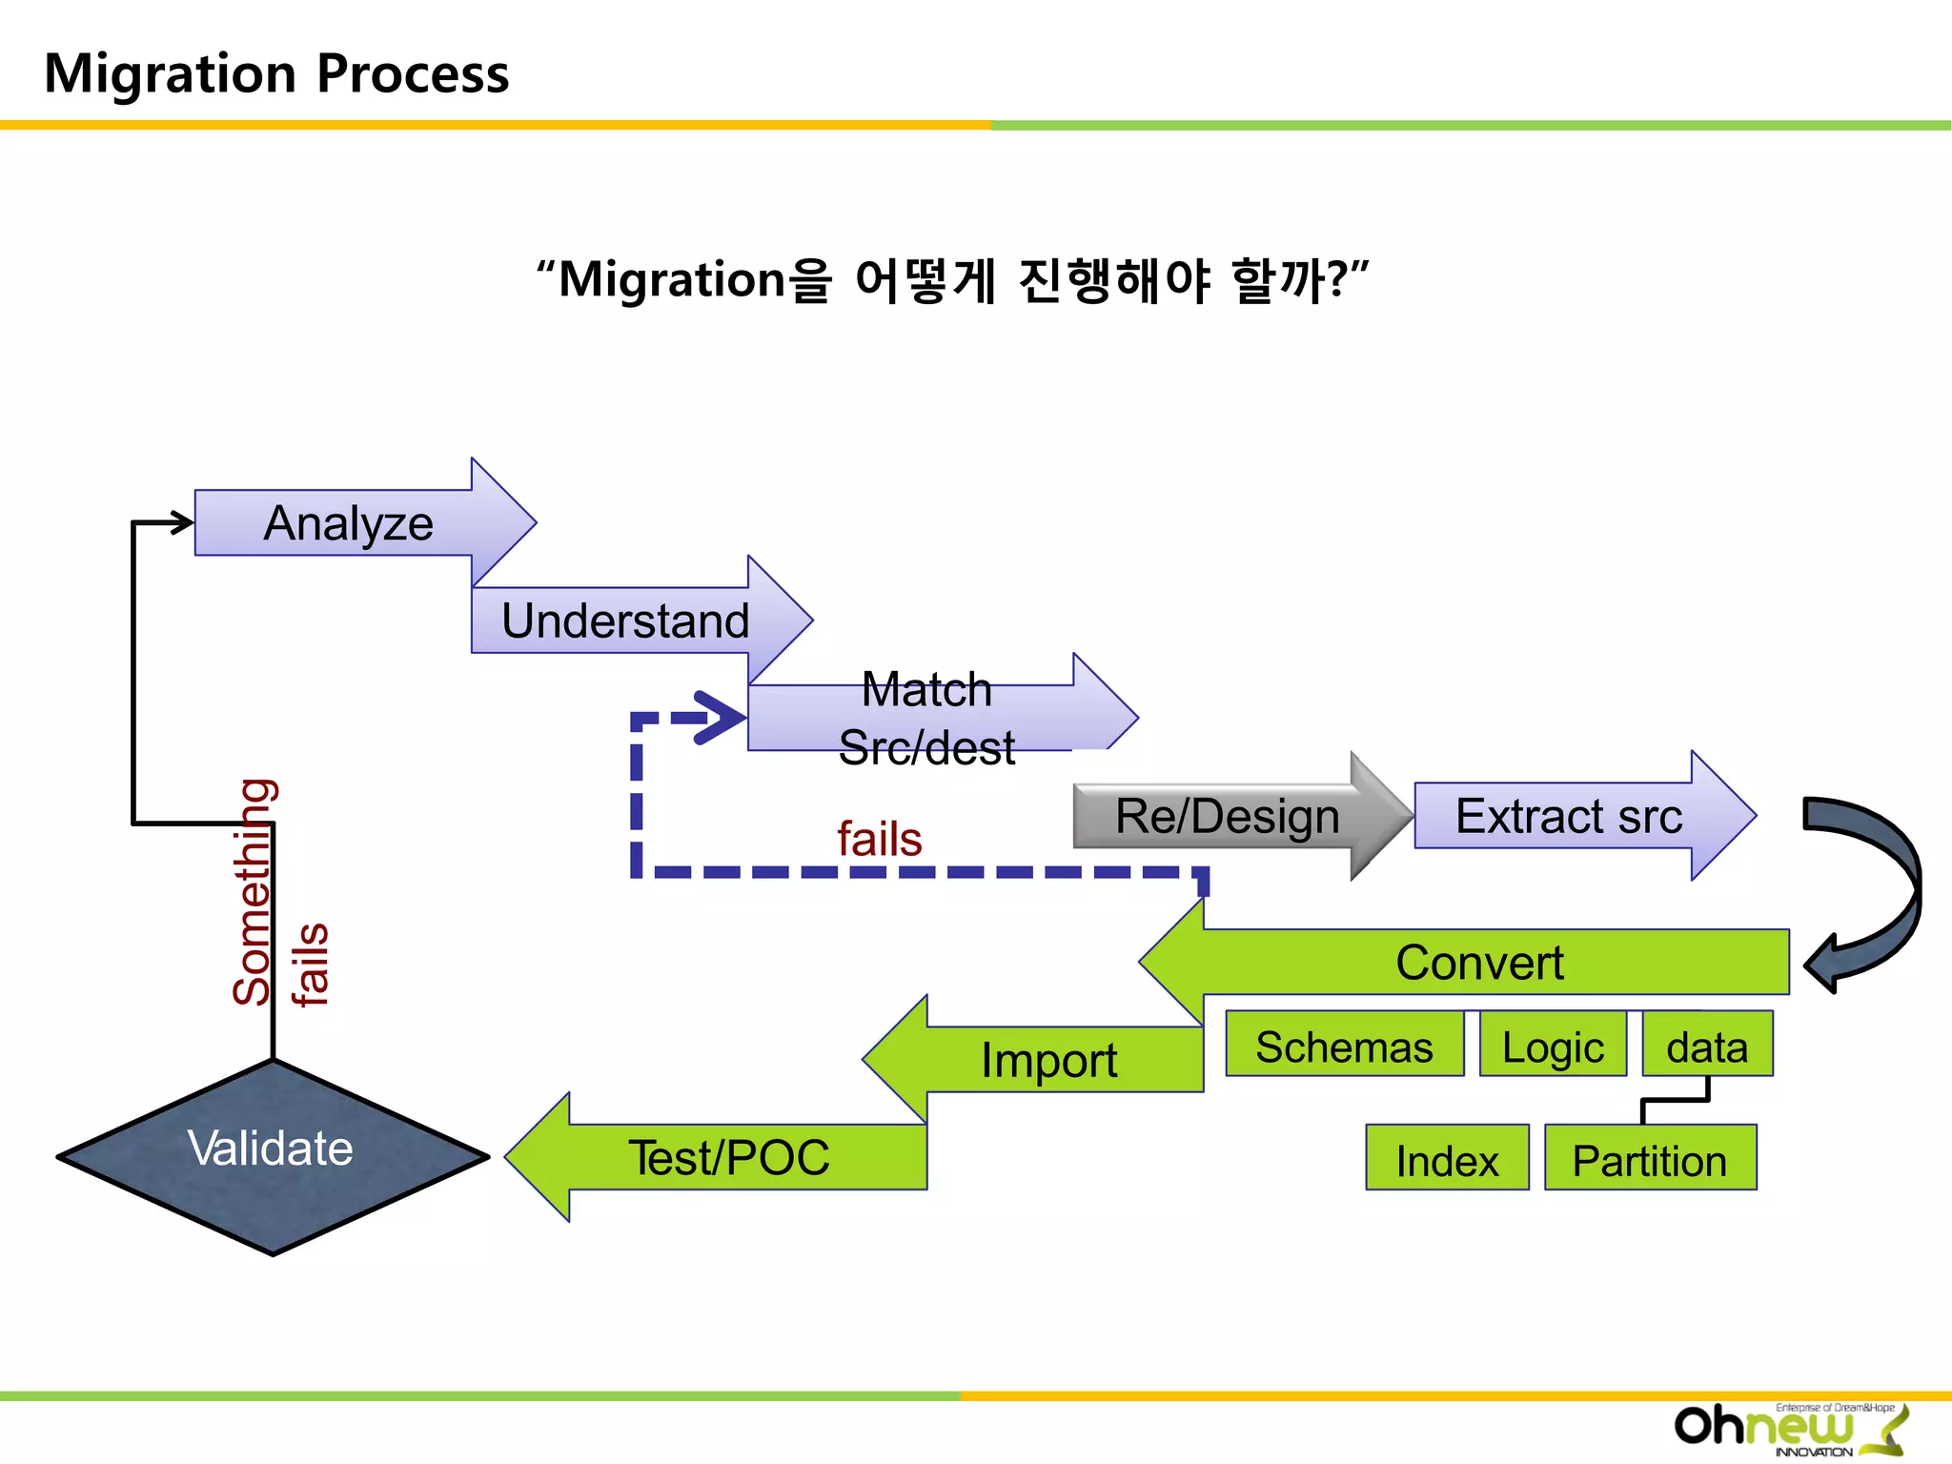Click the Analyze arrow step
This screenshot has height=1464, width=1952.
coord(349,523)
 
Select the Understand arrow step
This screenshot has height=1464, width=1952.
coord(625,620)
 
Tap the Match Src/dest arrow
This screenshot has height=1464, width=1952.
coord(926,718)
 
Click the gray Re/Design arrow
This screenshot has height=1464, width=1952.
coord(1228,816)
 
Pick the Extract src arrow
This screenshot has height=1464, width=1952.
coord(1569,816)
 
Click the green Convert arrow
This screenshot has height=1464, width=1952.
coord(1479,962)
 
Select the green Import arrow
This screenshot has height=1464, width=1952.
coord(1048,1060)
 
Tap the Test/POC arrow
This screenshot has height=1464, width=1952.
coord(729,1157)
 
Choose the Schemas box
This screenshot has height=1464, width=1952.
coord(1344,1046)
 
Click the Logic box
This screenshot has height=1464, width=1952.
coord(1553,1046)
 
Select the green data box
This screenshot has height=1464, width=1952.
coord(1707,1046)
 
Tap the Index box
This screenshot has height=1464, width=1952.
coord(1446,1159)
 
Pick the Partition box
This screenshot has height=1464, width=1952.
coord(1650,1159)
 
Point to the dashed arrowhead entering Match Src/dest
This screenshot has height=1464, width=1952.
coord(720,717)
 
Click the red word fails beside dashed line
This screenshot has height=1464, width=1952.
coord(879,839)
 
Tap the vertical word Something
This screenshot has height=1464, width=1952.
coord(254,891)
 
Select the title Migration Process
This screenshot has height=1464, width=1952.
coord(276,73)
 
